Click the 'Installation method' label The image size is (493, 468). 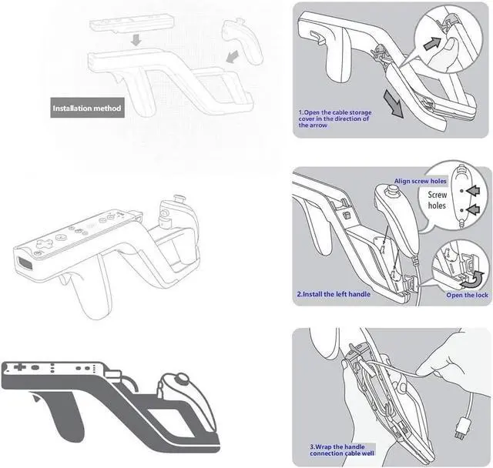coord(87,109)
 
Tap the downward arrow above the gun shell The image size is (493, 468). coord(134,38)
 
